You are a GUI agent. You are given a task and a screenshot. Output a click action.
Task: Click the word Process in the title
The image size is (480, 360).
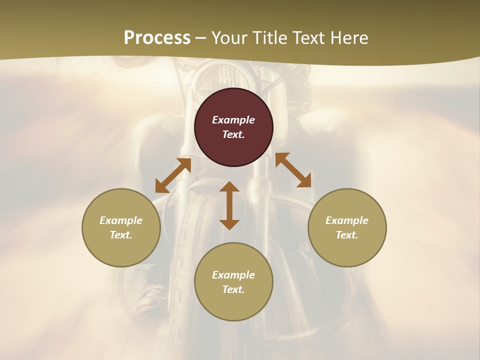157,38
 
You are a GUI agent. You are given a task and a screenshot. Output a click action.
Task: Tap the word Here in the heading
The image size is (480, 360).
349,38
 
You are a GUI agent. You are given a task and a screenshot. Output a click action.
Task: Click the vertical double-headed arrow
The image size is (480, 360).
229,205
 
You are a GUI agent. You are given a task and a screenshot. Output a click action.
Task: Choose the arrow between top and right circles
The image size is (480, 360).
293,170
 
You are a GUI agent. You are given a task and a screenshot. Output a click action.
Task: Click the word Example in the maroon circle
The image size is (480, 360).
233,120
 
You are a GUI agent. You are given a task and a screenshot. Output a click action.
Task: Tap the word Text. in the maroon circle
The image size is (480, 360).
233,134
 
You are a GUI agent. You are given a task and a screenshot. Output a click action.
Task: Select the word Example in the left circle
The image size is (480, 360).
121,220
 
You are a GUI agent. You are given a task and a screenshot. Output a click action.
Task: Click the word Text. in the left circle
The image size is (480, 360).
121,235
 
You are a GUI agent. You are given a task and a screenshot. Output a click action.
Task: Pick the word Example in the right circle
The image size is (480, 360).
347,220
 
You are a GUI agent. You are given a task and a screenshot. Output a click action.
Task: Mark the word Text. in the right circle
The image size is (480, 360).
347,235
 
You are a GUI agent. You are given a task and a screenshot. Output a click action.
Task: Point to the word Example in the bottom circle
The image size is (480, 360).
233,275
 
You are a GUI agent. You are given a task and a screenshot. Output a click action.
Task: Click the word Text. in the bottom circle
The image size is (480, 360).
233,289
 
